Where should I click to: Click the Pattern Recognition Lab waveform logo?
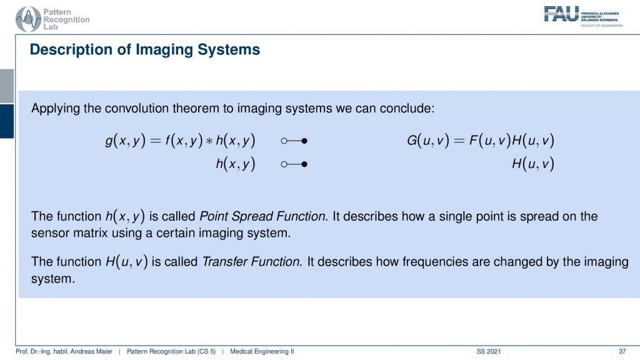point(28,19)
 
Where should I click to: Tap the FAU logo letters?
point(561,14)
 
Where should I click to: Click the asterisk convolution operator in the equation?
point(209,141)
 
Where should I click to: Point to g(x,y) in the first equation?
point(125,141)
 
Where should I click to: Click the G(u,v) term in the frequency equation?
point(427,141)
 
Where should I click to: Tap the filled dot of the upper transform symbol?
point(304,141)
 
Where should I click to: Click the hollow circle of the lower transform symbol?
point(284,164)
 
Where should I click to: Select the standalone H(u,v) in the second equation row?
point(533,164)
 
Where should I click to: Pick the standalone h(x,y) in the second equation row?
point(236,164)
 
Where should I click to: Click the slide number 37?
point(622,351)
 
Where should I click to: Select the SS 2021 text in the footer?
point(489,351)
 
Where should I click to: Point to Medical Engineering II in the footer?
point(262,351)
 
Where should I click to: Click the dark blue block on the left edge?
point(7,121)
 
